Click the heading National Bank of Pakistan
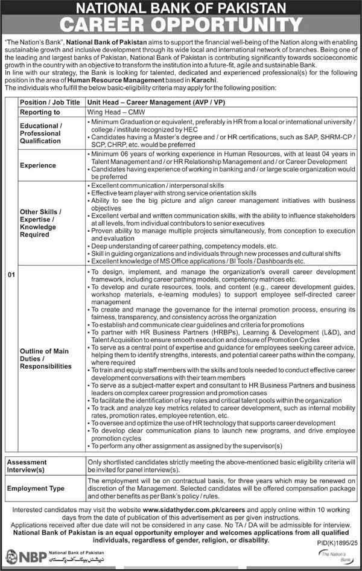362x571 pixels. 180,8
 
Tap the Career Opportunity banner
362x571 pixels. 180,25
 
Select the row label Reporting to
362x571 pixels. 40,112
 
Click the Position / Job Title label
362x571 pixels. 49,103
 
